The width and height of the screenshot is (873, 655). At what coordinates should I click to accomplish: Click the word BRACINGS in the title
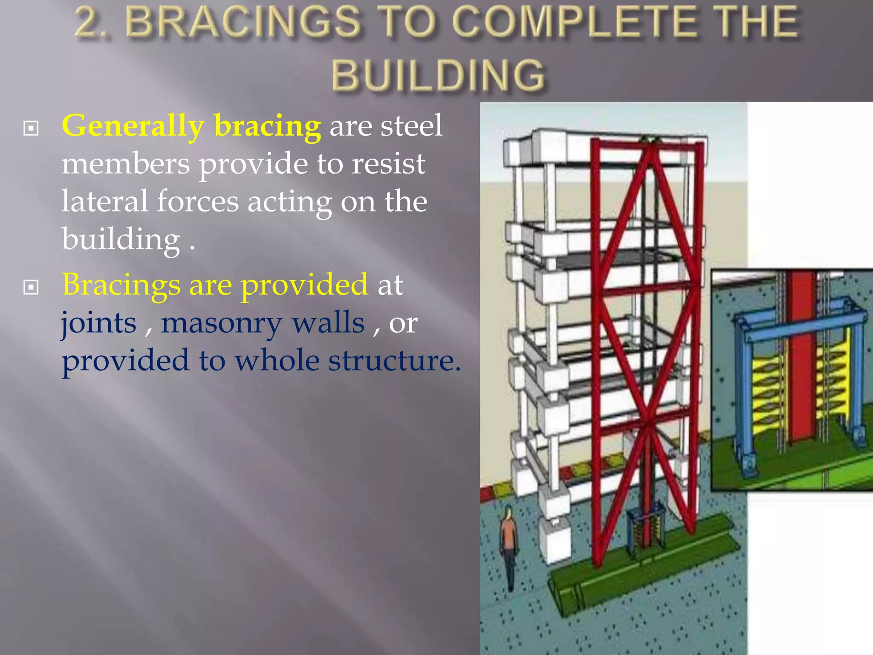[243, 22]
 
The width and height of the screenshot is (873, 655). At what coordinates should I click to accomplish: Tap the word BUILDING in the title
[439, 75]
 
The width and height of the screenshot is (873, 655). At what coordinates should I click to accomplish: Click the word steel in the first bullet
[411, 126]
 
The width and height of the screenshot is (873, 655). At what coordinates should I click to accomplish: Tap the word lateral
[104, 201]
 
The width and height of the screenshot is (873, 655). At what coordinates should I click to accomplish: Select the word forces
[198, 201]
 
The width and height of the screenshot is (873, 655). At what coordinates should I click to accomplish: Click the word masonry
[263, 323]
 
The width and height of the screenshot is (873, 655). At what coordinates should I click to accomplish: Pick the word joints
[98, 323]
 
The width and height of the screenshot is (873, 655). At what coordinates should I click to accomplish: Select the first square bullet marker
[31, 128]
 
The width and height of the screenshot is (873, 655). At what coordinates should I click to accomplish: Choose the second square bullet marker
[31, 287]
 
